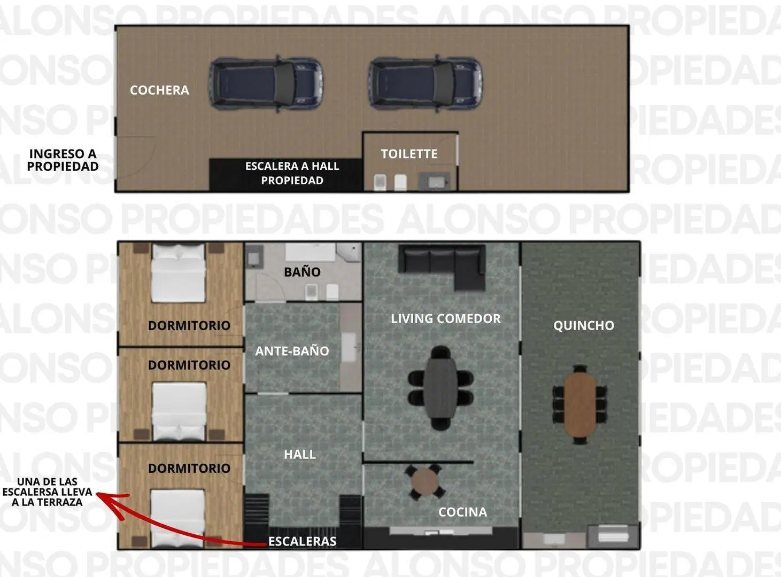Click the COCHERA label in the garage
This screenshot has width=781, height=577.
point(159,90)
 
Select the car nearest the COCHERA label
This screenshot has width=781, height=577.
point(266,84)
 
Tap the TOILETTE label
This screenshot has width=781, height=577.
point(409,154)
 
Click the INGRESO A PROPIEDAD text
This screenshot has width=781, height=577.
point(63,160)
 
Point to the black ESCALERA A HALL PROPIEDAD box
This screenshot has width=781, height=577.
point(286,174)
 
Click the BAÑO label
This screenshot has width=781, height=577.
point(302,272)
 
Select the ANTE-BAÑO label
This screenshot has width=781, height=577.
point(292,351)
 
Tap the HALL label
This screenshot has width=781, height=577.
point(300,455)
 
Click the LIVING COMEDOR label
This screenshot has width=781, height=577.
point(446,318)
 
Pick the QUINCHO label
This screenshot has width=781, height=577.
point(584,326)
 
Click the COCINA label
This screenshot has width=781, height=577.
point(463,512)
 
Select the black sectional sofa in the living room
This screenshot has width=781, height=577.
point(442,266)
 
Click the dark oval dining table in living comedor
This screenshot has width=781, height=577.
point(440,388)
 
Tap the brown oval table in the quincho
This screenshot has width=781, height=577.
point(580,404)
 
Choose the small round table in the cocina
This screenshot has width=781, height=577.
point(425,482)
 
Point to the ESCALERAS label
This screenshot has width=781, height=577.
point(302,541)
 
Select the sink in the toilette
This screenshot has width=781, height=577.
point(435,182)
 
